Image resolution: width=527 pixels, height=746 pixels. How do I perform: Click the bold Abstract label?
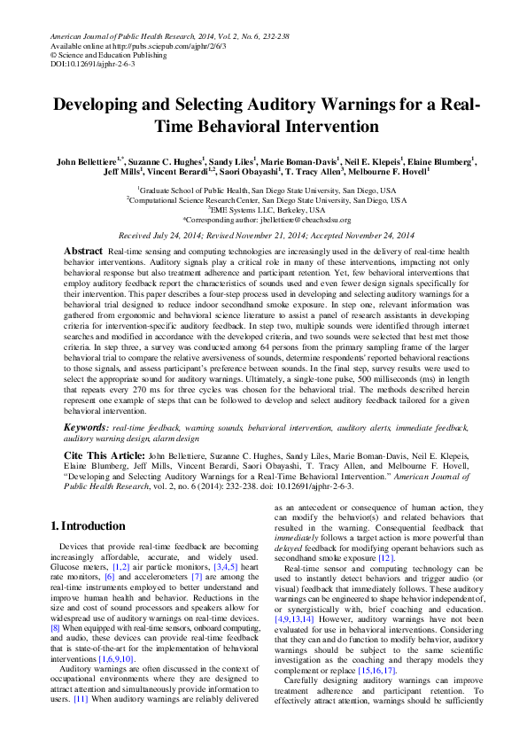(x=83, y=252)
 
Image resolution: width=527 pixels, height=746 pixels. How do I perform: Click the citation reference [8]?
(x=55, y=627)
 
